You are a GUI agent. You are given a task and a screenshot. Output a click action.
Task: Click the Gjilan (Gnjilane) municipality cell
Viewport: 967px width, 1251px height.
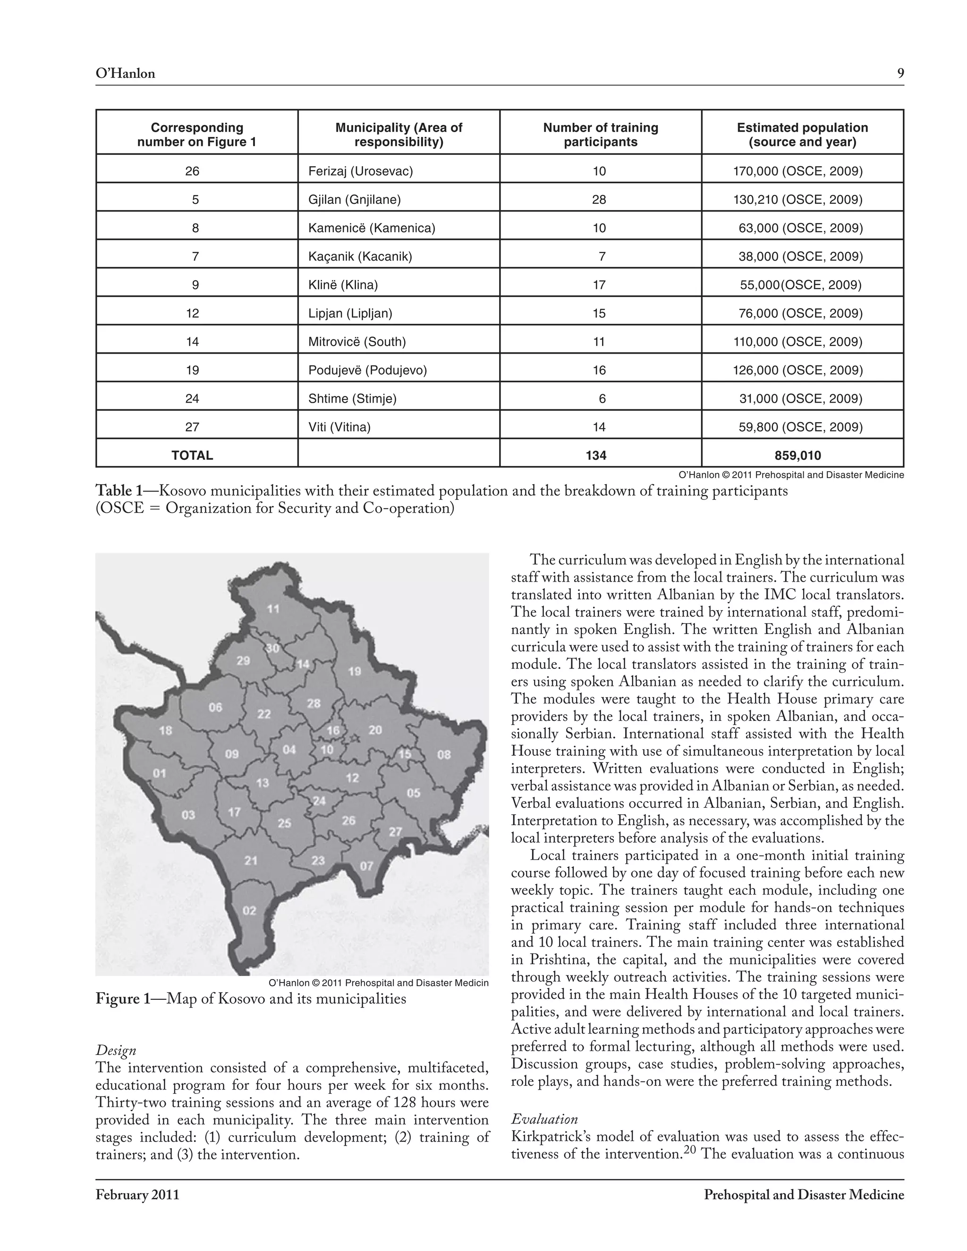pyautogui.click(x=354, y=199)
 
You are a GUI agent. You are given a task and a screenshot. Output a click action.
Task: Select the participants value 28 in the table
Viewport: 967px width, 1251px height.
pyautogui.click(x=599, y=199)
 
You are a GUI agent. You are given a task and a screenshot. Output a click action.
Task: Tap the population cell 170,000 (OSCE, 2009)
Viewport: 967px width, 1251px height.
pyautogui.click(x=797, y=171)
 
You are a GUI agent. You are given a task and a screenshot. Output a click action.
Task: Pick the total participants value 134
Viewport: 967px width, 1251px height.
pyautogui.click(x=596, y=456)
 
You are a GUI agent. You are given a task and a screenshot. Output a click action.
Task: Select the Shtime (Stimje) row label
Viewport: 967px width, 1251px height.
pyautogui.click(x=352, y=399)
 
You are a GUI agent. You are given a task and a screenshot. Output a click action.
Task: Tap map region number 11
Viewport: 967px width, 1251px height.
pyautogui.click(x=273, y=609)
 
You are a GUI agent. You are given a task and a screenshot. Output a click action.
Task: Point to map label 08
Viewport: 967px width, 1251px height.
pyautogui.click(x=444, y=754)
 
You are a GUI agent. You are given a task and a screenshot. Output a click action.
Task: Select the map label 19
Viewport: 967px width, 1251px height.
pyautogui.click(x=355, y=671)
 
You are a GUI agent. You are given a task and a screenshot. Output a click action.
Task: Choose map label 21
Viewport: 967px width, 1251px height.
pyautogui.click(x=251, y=860)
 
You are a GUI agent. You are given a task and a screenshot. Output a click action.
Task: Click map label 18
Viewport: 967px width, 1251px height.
pyautogui.click(x=166, y=730)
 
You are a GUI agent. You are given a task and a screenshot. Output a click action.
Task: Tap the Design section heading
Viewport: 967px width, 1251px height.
pyautogui.click(x=116, y=1050)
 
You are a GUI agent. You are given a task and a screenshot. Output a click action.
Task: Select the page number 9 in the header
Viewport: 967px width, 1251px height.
pyautogui.click(x=900, y=73)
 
